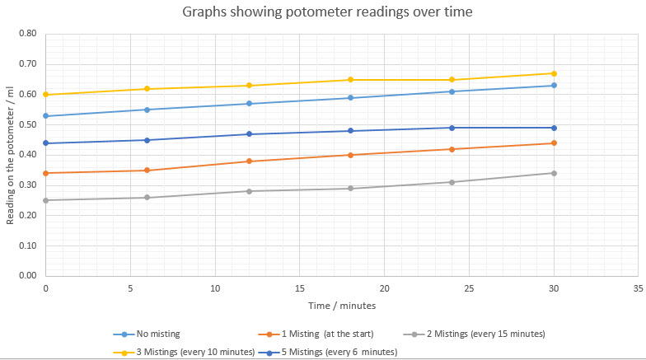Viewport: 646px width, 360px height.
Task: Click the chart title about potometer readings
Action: pos(323,12)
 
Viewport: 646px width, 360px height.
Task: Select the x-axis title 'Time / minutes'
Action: pos(342,306)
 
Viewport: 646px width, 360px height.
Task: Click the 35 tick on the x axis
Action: pos(638,288)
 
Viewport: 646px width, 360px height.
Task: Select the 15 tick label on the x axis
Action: pos(300,288)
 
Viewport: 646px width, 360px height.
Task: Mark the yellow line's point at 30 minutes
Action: pos(554,73)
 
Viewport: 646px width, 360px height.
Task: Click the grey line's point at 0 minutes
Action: pos(46,200)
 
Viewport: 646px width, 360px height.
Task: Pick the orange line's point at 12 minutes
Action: pos(249,161)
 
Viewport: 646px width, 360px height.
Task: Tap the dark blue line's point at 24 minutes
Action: pos(452,128)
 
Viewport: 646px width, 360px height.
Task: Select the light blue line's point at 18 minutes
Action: pos(350,98)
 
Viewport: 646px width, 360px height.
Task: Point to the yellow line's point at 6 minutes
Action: pos(147,89)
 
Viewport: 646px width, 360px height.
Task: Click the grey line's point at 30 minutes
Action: pos(554,173)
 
